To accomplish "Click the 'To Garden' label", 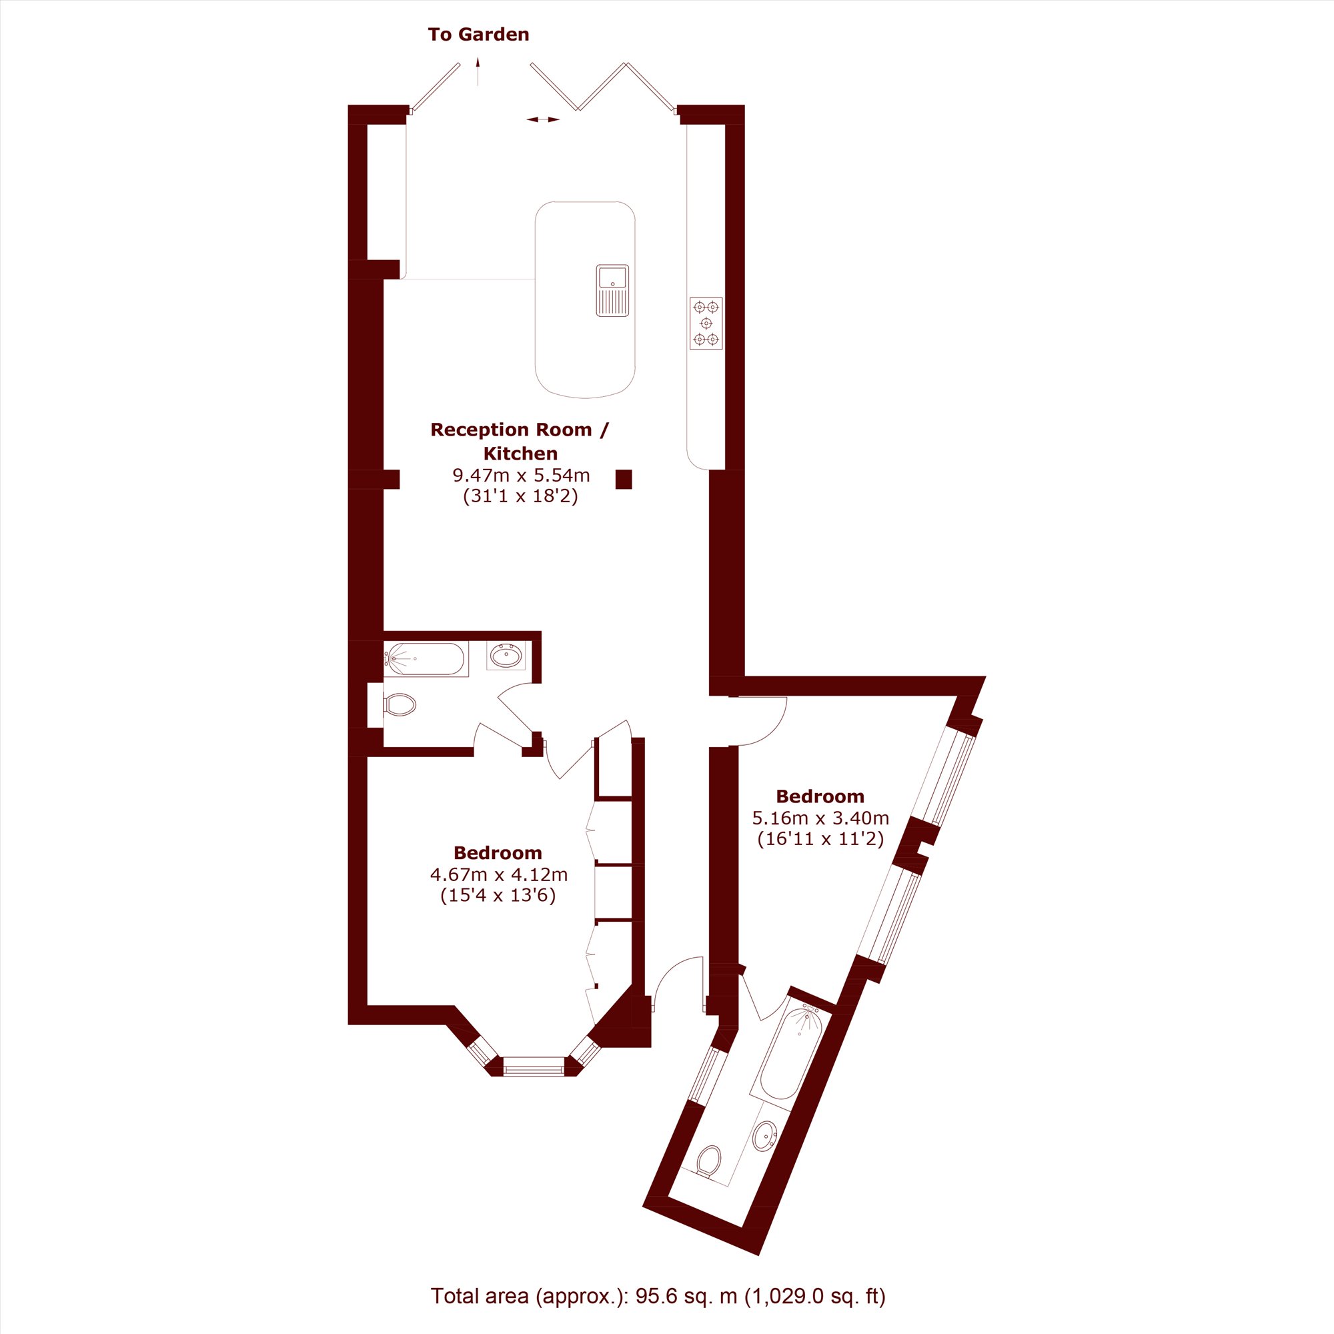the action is coord(478,35).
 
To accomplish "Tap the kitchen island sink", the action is coord(612,290).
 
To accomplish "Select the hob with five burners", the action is coord(706,323).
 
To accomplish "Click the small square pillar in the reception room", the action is coord(624,479).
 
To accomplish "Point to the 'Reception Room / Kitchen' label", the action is coord(520,441).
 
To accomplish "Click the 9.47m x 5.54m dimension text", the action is coord(522,475).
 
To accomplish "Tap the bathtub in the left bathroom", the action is coord(426,660).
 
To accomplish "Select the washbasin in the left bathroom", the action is coord(506,655).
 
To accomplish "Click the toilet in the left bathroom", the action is coord(399,705).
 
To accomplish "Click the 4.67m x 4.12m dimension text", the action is coord(498,874).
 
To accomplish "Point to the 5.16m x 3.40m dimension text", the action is coord(820,818).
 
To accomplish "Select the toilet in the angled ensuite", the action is coord(708,1161).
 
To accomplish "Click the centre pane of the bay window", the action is coord(534,1067).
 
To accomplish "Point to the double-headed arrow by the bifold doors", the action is coord(543,119).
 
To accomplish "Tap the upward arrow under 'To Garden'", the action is coord(478,71).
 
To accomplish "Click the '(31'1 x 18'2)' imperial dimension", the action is coord(521,496).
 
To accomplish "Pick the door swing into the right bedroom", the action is coord(759,722).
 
